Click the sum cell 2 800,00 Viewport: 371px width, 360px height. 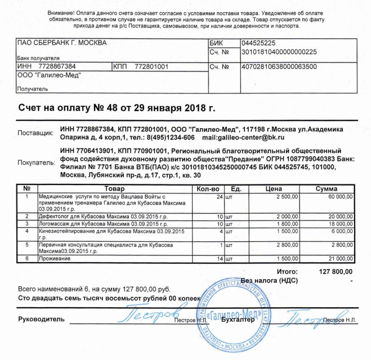[x=339, y=245]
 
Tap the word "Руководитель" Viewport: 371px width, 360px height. [x=38, y=319]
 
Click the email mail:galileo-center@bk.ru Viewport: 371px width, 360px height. [x=243, y=137]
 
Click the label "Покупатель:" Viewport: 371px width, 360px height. [x=36, y=163]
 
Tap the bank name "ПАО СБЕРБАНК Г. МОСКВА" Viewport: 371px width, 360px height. [x=61, y=43]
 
